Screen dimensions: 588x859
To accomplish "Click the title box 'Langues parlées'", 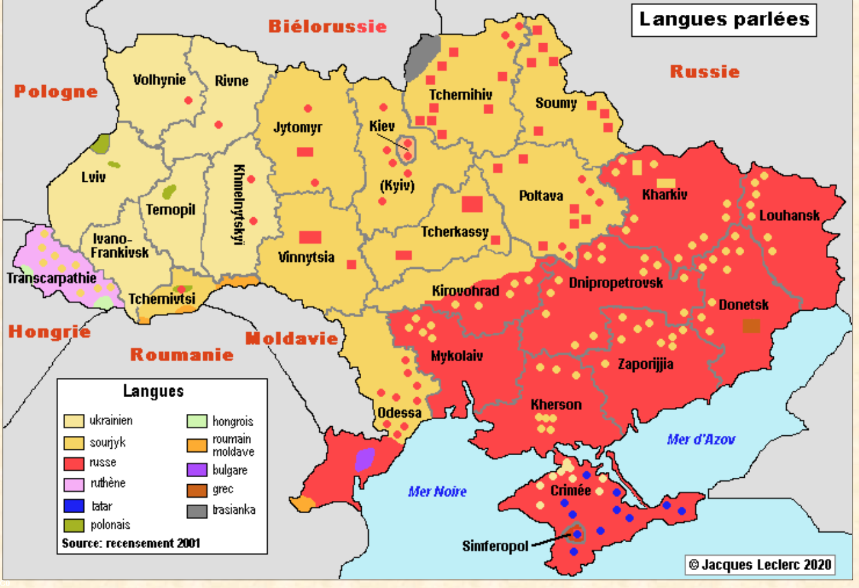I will tap(724, 20).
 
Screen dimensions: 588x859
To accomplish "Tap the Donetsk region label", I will tap(744, 305).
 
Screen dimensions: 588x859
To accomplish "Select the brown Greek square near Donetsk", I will tap(751, 326).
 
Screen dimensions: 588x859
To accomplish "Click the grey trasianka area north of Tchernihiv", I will tap(422, 57).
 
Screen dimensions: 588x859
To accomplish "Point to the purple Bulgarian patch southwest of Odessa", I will tap(364, 459).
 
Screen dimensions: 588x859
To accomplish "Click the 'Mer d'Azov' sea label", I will tap(700, 440).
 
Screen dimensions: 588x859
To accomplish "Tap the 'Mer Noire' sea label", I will tap(437, 492).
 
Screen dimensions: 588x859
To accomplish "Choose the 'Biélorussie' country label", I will tap(328, 26).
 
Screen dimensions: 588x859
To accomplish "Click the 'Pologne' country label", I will tap(56, 92).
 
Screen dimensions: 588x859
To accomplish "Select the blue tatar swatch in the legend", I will tap(74, 506).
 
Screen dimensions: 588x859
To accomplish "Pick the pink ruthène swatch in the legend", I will tap(74, 484).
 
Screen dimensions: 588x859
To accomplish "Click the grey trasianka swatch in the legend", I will tap(197, 511).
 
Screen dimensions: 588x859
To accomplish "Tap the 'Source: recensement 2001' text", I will tap(131, 543).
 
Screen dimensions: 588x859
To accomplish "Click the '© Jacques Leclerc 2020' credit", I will tap(760, 565).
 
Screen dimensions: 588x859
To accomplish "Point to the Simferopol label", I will tap(495, 547).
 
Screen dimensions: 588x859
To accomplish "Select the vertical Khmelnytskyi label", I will tap(239, 204).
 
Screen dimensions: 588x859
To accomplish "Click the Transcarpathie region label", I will tap(52, 279).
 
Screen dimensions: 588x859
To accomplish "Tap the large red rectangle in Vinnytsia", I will tap(310, 237).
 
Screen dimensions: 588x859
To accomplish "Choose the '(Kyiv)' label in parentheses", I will tap(397, 186).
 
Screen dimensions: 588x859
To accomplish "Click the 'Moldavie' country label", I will tap(291, 338).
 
